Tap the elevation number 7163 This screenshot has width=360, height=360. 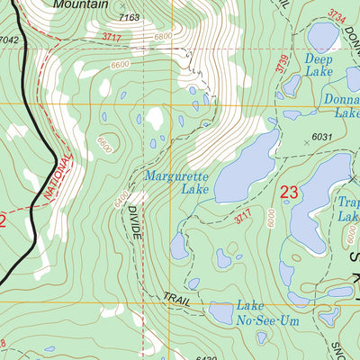130,17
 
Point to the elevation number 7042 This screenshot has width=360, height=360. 9,40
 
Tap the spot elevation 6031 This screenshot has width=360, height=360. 321,137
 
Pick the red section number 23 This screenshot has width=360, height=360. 289,191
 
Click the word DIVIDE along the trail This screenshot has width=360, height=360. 134,220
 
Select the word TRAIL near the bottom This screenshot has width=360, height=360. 177,300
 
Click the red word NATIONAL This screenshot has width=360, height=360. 56,176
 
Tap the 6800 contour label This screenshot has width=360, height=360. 163,36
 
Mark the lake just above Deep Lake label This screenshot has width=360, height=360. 321,35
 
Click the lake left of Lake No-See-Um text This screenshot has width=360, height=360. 221,312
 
